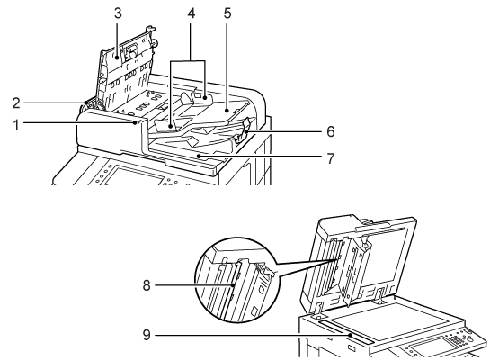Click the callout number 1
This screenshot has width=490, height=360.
coord(16,125)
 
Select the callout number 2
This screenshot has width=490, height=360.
coord(16,103)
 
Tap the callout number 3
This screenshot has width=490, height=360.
coord(118,13)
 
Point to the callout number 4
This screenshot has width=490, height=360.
coord(192,13)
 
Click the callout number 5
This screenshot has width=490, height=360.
coord(227,13)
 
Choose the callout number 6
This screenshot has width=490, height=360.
coord(331,131)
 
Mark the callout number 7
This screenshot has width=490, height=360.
coord(331,158)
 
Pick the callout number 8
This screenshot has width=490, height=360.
coord(147,285)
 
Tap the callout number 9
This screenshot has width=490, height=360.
coord(147,335)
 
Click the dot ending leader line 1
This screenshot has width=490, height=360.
coord(135,123)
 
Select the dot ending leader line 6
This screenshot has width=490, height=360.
coord(246,131)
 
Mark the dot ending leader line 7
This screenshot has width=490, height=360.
coord(198,155)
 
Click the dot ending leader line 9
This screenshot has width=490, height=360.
coord(351,335)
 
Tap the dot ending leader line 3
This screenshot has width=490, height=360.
coord(118,57)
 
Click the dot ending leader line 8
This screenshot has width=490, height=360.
coord(234,285)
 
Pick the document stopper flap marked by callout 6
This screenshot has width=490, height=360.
coord(243,131)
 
